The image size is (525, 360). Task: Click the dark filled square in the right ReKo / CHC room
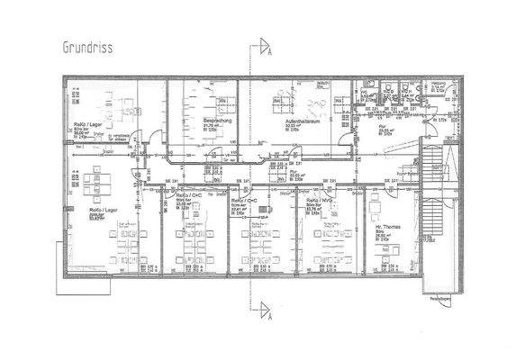[x=264, y=208]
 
